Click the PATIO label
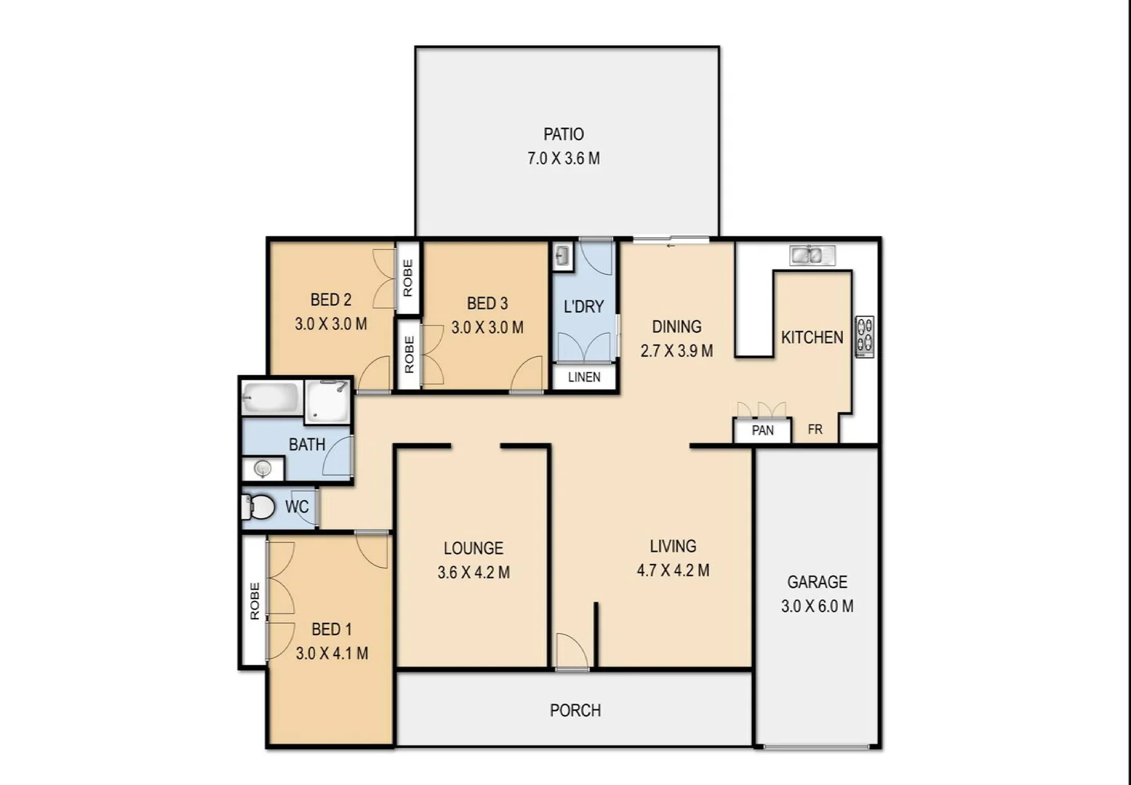[x=564, y=134]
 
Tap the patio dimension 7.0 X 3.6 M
[x=564, y=158]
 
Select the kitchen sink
[x=812, y=255]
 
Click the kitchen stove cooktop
[x=864, y=337]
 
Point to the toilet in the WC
[x=259, y=507]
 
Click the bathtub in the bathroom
[x=271, y=398]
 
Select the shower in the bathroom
[x=327, y=401]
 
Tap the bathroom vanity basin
[x=263, y=469]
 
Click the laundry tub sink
[x=562, y=256]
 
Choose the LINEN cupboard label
[x=584, y=377]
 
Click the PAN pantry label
[x=762, y=430]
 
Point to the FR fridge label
[x=815, y=430]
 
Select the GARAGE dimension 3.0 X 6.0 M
[x=817, y=606]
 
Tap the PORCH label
[x=575, y=710]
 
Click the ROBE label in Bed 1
[x=255, y=600]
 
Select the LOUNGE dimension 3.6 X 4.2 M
[x=473, y=573]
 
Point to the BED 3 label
[x=487, y=303]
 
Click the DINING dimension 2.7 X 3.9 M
[x=676, y=351]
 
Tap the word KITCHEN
[x=812, y=337]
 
